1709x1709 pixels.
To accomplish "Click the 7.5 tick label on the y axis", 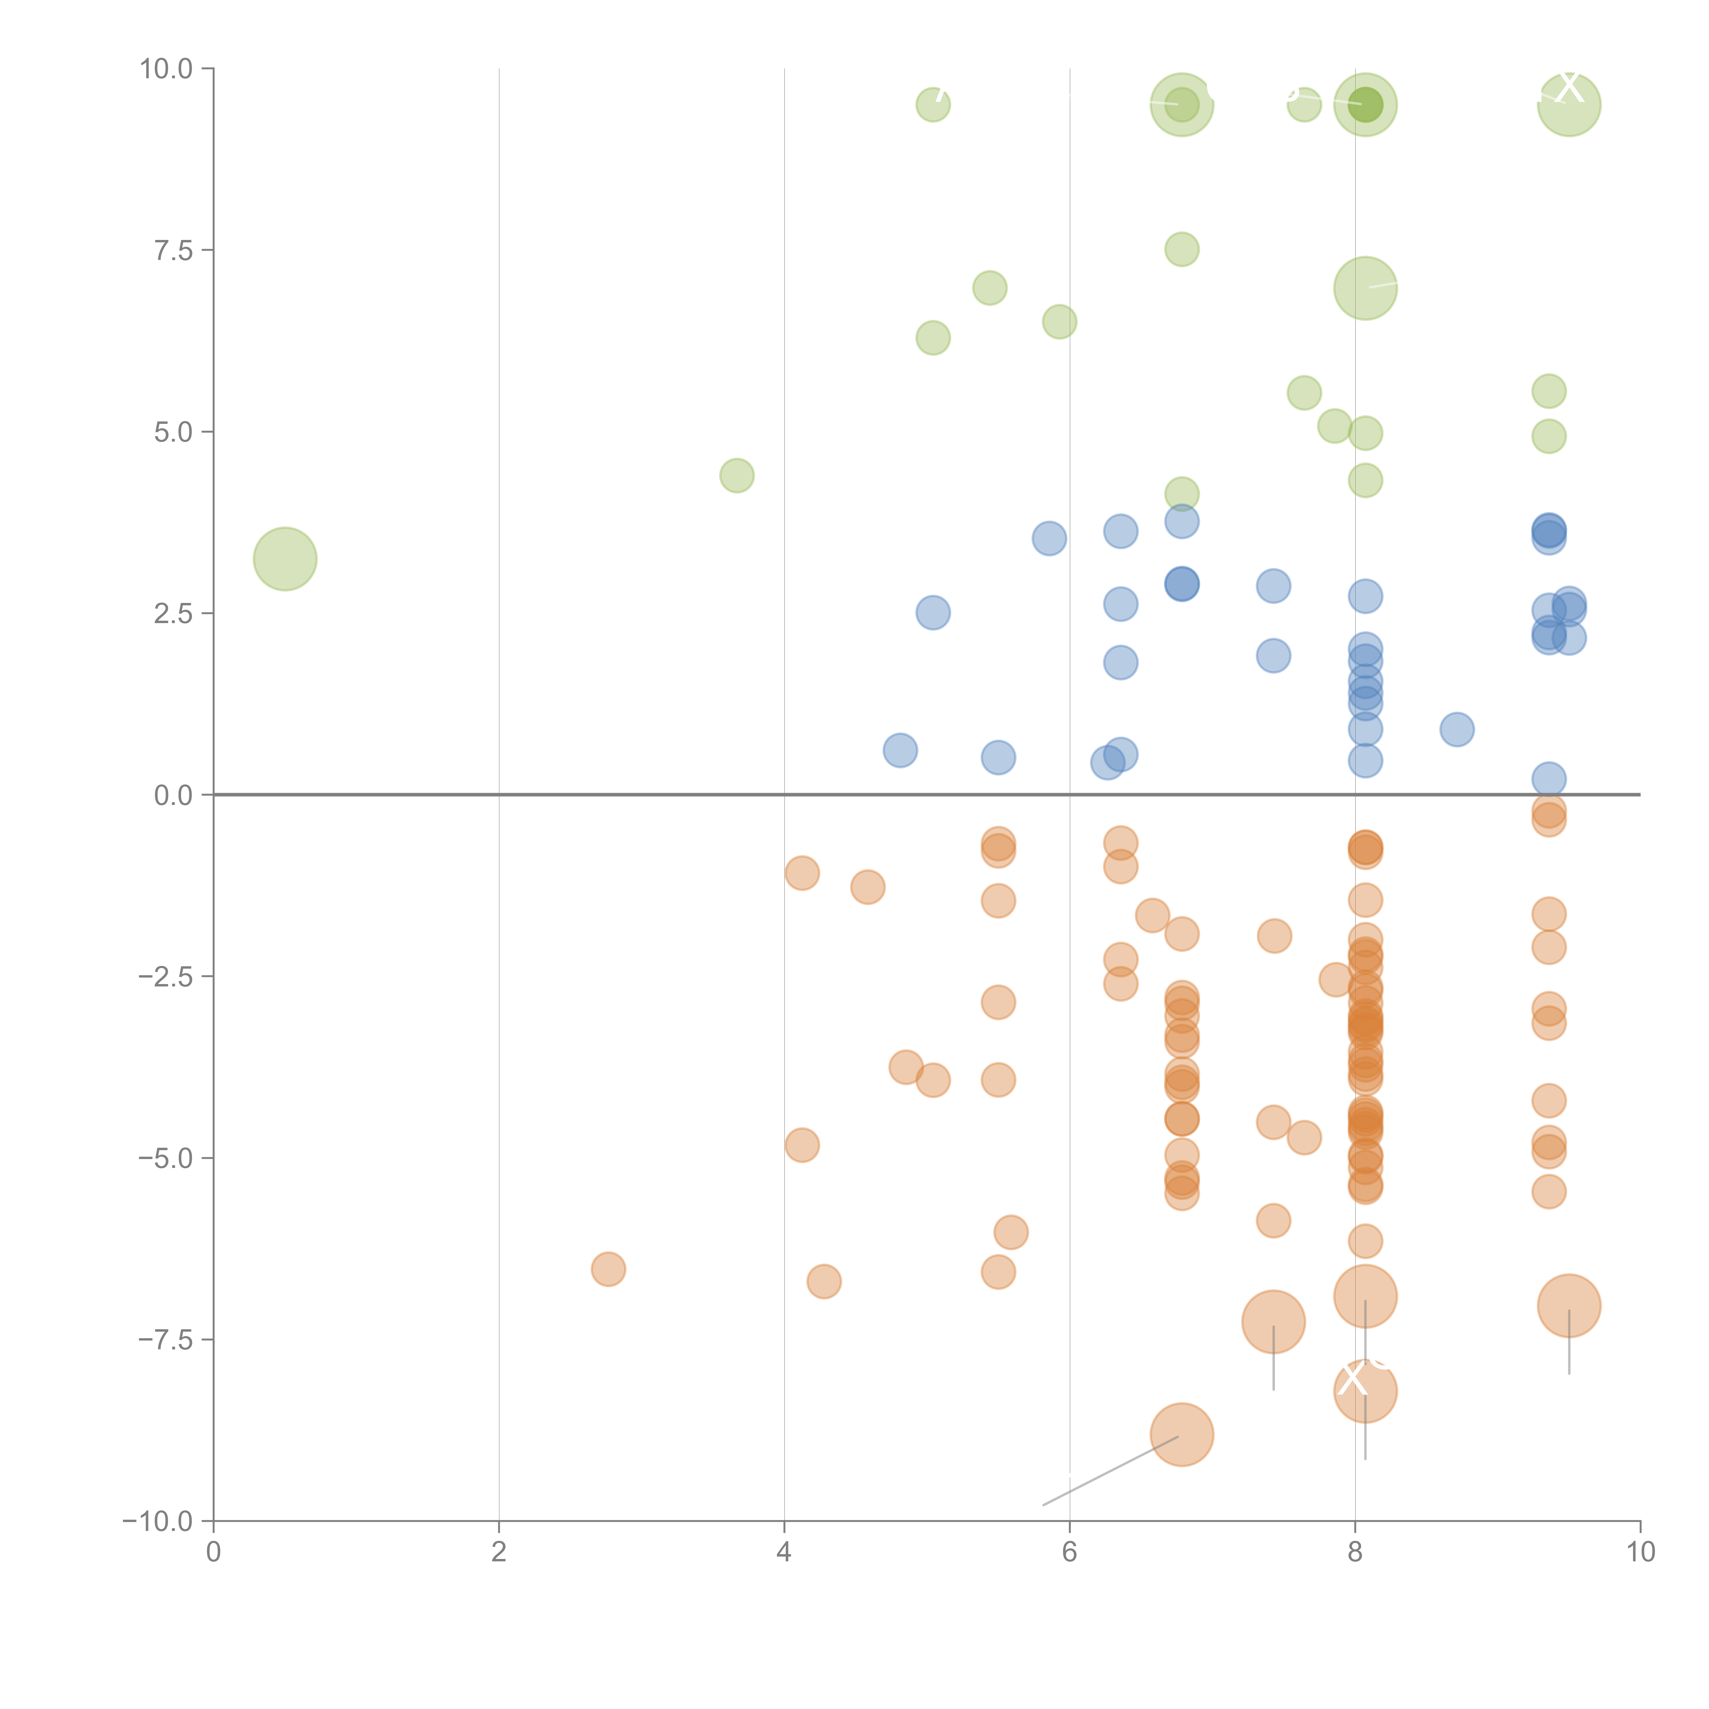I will (173, 250).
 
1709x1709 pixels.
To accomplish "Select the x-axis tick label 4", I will (784, 1552).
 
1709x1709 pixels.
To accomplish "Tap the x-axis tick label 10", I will (1640, 1552).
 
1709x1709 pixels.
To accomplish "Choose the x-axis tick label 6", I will (1069, 1552).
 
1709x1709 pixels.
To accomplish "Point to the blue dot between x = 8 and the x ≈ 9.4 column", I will (1457, 730).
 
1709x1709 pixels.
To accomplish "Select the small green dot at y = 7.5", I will (1182, 250).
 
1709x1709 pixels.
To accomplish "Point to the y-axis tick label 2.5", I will (173, 614).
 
